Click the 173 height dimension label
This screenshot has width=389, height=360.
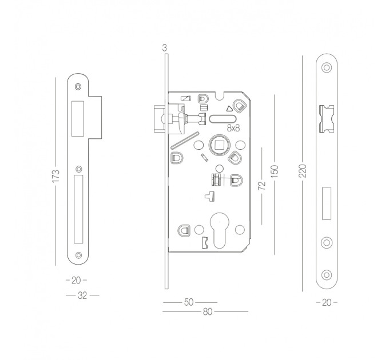coord(56,176)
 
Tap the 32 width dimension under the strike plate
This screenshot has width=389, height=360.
coord(82,295)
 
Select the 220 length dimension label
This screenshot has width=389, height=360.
coord(303,171)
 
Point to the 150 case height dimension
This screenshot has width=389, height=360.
coord(275,171)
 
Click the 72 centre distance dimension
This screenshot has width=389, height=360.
coord(262,186)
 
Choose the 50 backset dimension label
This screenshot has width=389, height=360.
coord(189,302)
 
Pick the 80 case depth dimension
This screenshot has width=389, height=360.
coord(208,311)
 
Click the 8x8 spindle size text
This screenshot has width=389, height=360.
coord(233,128)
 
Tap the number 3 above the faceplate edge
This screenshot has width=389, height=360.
coord(165,48)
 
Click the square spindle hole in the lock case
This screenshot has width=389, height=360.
coord(220,145)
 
